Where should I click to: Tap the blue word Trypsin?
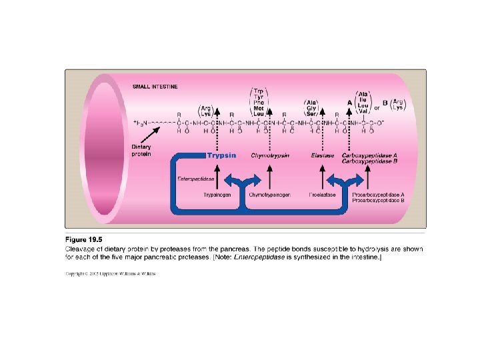tap(221, 155)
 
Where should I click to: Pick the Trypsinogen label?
tap(217, 195)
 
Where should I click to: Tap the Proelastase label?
tap(321, 195)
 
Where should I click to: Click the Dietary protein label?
tap(141, 150)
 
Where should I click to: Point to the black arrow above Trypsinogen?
tap(217, 178)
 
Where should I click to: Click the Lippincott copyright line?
tap(110, 273)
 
